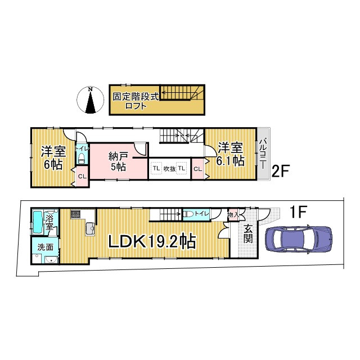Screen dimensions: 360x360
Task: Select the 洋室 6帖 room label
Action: pos(52,157)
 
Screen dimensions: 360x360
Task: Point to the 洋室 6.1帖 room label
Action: pos(230,154)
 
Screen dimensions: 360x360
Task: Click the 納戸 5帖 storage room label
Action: pos(118,160)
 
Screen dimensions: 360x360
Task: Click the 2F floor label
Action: pos(281,171)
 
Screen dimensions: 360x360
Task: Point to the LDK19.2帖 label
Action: pos(152,242)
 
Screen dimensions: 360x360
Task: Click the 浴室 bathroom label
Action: pos(50,222)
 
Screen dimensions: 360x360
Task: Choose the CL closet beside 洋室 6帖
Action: pos(82,177)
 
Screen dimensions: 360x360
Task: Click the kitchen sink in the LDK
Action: pos(89,227)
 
